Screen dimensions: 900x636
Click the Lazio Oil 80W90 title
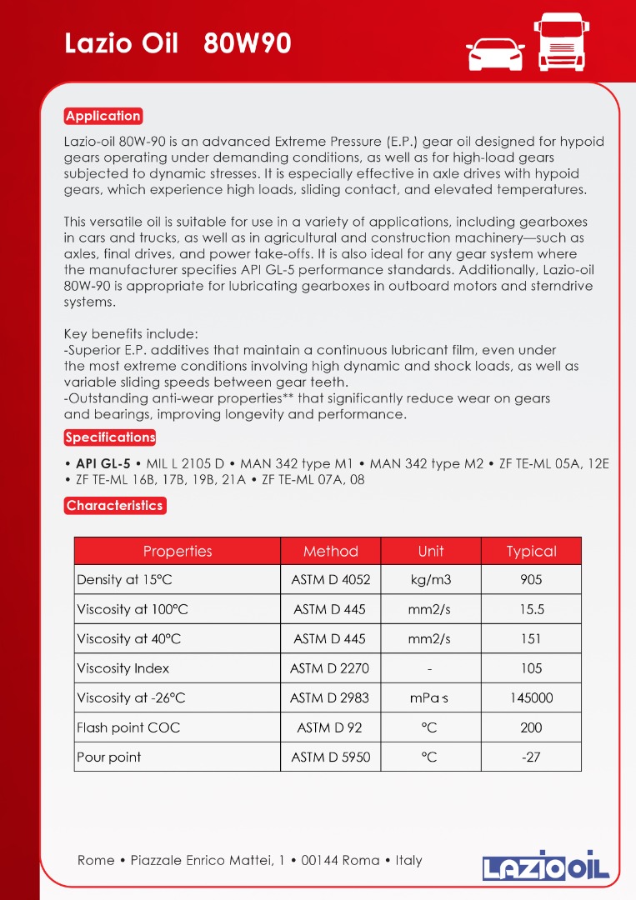click(x=178, y=43)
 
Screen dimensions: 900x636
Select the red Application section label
click(x=103, y=116)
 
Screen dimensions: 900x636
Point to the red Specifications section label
click(x=110, y=437)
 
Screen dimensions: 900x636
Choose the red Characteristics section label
click(x=115, y=505)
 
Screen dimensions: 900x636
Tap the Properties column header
click(x=178, y=551)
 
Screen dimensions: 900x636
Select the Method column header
click(x=330, y=551)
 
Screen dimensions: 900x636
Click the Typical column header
click(x=531, y=551)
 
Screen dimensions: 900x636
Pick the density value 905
click(x=531, y=580)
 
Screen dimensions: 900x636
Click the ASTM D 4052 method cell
click(x=330, y=580)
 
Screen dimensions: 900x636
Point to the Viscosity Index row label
click(x=123, y=668)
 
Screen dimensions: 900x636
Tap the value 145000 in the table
click(x=531, y=697)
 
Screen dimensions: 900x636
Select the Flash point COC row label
click(x=128, y=727)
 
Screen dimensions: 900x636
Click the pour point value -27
click(x=531, y=757)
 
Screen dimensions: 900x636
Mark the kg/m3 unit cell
click(x=430, y=580)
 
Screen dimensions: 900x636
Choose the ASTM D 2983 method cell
click(x=330, y=697)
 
